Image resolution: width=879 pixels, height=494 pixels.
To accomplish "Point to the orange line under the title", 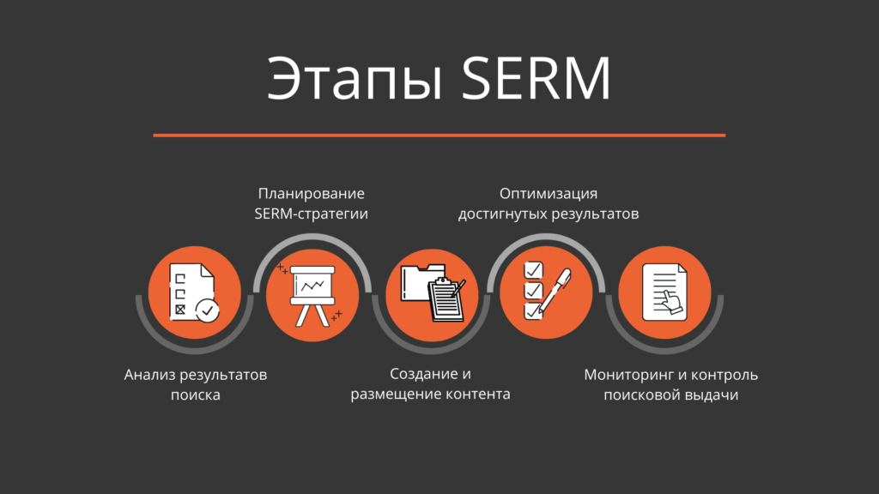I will pos(439,135).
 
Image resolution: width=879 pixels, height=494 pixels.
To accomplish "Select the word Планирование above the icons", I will pos(312,193).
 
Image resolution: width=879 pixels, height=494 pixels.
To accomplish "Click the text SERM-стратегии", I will pos(312,214).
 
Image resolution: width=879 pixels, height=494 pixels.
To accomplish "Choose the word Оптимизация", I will pos(549,193).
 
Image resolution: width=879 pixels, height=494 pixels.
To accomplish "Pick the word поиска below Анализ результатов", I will pos(196,395).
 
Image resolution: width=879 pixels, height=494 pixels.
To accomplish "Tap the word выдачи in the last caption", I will pos(712,395).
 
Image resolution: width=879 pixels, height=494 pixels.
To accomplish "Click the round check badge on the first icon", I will pos(207,310).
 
